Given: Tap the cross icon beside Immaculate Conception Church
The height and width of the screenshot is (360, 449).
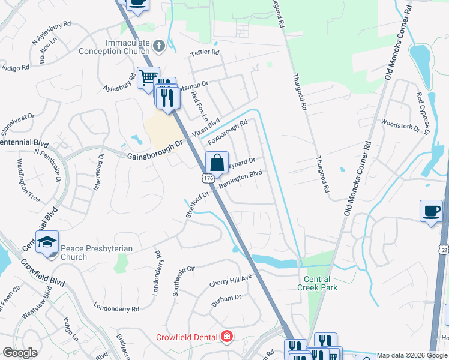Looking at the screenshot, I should [159, 46].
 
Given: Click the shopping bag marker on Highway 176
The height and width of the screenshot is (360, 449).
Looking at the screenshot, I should [217, 163].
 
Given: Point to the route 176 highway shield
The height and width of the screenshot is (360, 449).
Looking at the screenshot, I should [207, 179].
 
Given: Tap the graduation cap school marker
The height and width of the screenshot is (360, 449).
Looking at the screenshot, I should [47, 242].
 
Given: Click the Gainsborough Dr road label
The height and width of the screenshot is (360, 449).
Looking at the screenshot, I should [154, 150].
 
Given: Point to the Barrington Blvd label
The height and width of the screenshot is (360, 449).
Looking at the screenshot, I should [241, 180].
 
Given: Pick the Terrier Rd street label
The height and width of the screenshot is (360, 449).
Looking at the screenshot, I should [205, 52].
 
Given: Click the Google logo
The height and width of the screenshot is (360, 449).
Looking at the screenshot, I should [19, 353].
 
